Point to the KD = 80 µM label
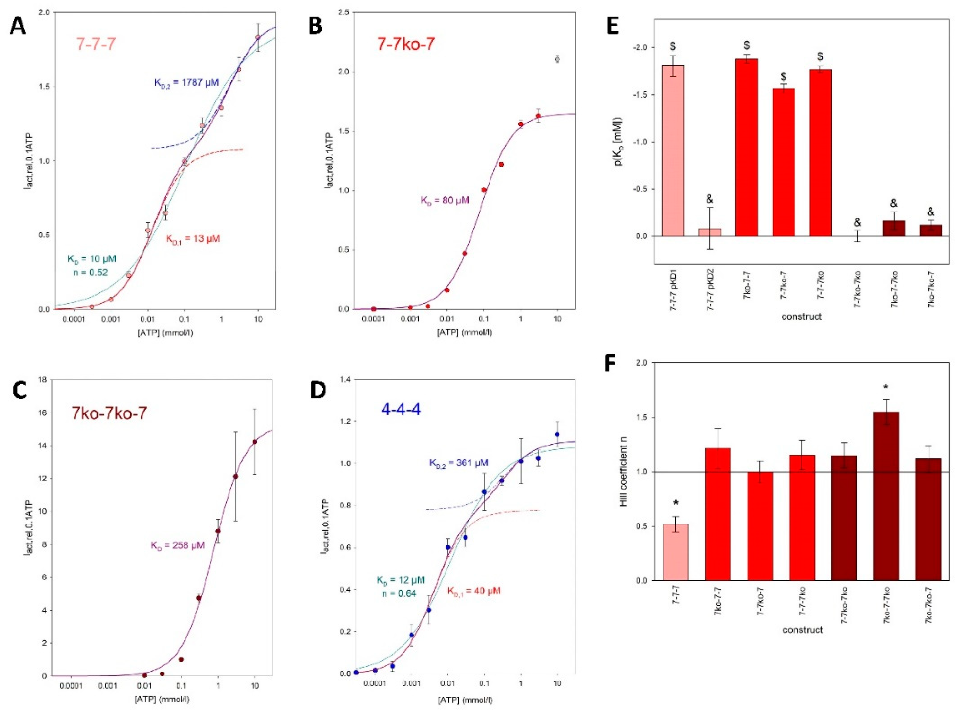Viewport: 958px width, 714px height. pyautogui.click(x=445, y=200)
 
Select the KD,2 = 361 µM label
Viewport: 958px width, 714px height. pyautogui.click(x=458, y=462)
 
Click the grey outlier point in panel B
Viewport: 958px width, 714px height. pyautogui.click(x=557, y=59)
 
